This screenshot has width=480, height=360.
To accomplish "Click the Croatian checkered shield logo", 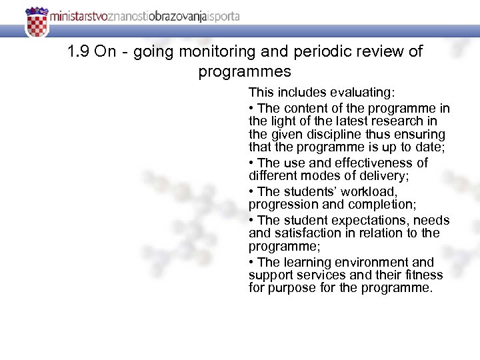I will coord(37,23).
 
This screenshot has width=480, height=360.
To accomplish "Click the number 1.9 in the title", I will coord(79,52).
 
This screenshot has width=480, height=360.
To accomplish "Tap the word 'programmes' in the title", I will coord(245,71).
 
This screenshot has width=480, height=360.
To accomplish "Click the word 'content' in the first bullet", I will coord(303,108).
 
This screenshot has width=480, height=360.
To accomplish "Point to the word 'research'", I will coord(397,121).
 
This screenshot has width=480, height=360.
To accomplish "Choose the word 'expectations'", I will coord(372,220).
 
